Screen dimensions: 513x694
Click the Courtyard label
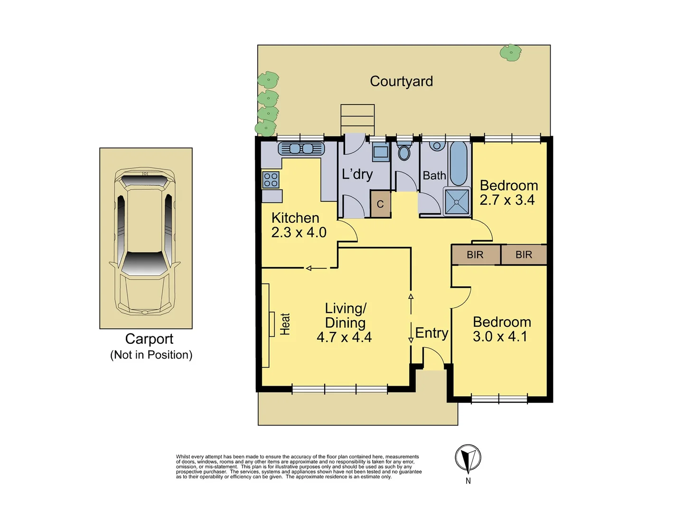[401, 81]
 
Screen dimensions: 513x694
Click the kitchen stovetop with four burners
[271, 180]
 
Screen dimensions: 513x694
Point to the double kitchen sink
[301, 149]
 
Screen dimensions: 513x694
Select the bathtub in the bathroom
[458, 163]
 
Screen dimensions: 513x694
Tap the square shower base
[457, 201]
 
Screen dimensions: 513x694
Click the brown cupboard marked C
[380, 204]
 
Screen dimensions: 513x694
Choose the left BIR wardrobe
[475, 255]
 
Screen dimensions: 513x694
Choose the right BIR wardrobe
[524, 255]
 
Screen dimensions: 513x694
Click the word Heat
[285, 324]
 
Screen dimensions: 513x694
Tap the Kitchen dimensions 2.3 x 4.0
[299, 232]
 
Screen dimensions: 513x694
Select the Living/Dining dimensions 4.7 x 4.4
[344, 337]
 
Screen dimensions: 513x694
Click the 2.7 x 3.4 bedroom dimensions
[507, 200]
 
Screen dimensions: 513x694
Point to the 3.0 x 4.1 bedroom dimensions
[500, 336]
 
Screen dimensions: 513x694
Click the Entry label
[431, 333]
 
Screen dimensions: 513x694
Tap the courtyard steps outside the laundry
[357, 119]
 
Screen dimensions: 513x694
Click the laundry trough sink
[380, 152]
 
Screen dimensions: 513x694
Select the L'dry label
[357, 174]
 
